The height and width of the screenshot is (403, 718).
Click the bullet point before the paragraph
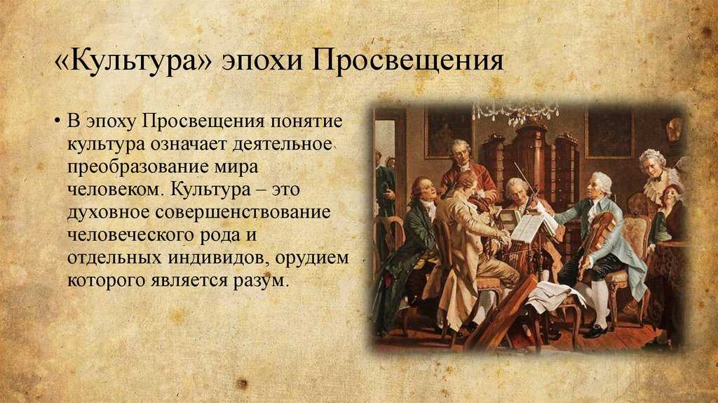click(x=57, y=121)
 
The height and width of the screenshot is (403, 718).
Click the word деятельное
click(x=282, y=144)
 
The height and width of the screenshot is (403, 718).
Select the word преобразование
click(x=137, y=167)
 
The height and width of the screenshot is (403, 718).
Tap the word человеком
click(x=115, y=190)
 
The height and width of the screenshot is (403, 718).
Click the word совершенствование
click(x=243, y=213)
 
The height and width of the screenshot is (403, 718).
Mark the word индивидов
click(x=219, y=258)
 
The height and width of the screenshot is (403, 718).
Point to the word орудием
click(x=312, y=258)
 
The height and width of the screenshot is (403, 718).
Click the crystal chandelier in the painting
click(x=515, y=113)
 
